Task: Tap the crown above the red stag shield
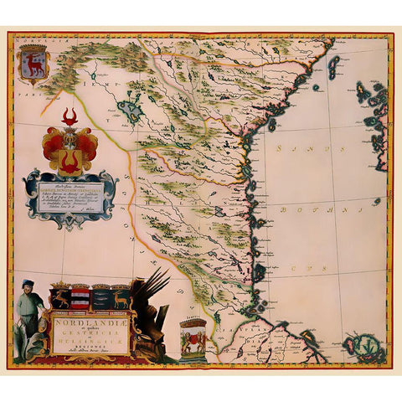(x=35, y=50)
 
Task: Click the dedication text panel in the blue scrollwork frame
(x=70, y=196)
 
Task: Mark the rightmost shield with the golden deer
(x=121, y=297)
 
